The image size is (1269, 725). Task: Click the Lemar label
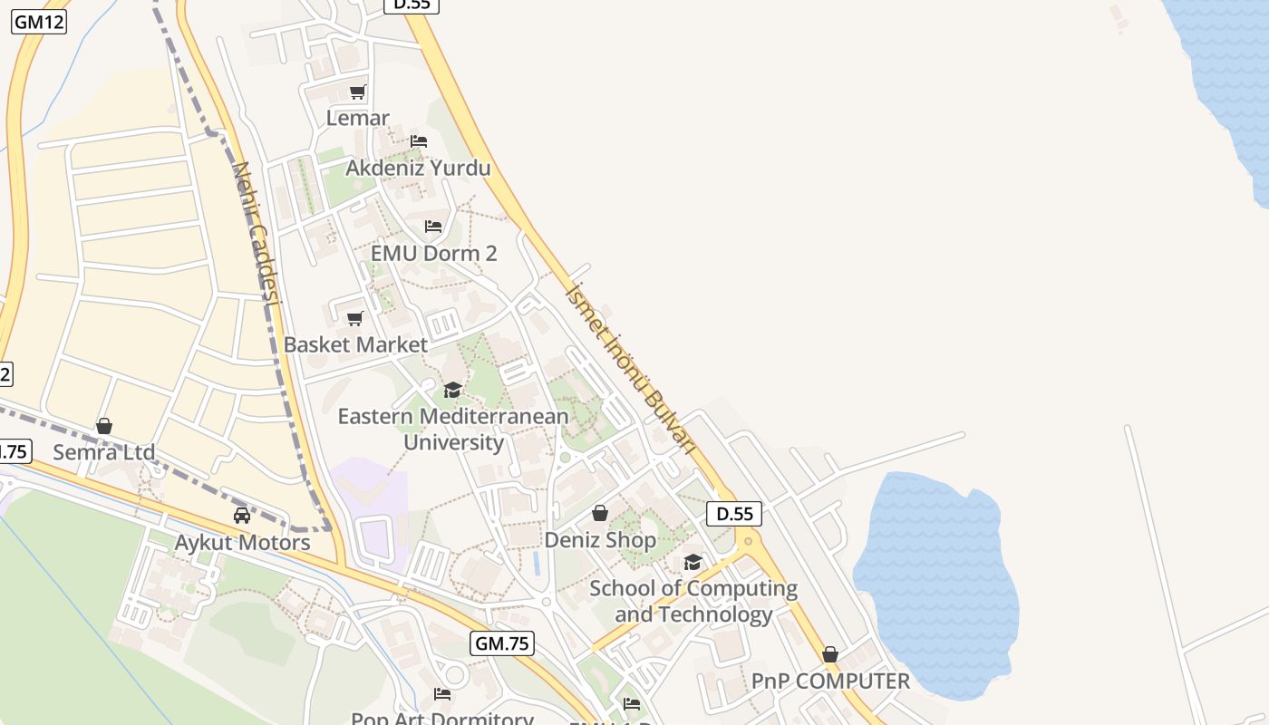358,118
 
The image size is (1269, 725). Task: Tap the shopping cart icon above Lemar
357,92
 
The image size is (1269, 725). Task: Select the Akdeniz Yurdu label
418,168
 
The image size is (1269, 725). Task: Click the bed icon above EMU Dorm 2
433,226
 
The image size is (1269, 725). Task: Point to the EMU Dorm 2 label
434,253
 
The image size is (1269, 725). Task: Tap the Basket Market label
355,344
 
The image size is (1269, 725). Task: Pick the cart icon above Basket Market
354,318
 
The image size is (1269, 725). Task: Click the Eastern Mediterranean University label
453,430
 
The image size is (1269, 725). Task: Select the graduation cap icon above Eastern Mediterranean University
452,390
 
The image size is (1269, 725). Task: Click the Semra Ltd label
103,451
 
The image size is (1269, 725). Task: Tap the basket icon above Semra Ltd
104,425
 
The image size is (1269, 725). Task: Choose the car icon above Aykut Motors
241,516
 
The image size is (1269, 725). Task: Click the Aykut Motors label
242,543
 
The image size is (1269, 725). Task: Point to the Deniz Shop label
600,540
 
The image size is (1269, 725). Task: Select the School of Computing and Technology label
693,601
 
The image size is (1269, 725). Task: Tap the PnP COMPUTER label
830,681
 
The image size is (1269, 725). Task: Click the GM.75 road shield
502,643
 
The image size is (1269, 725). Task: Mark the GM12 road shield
39,22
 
